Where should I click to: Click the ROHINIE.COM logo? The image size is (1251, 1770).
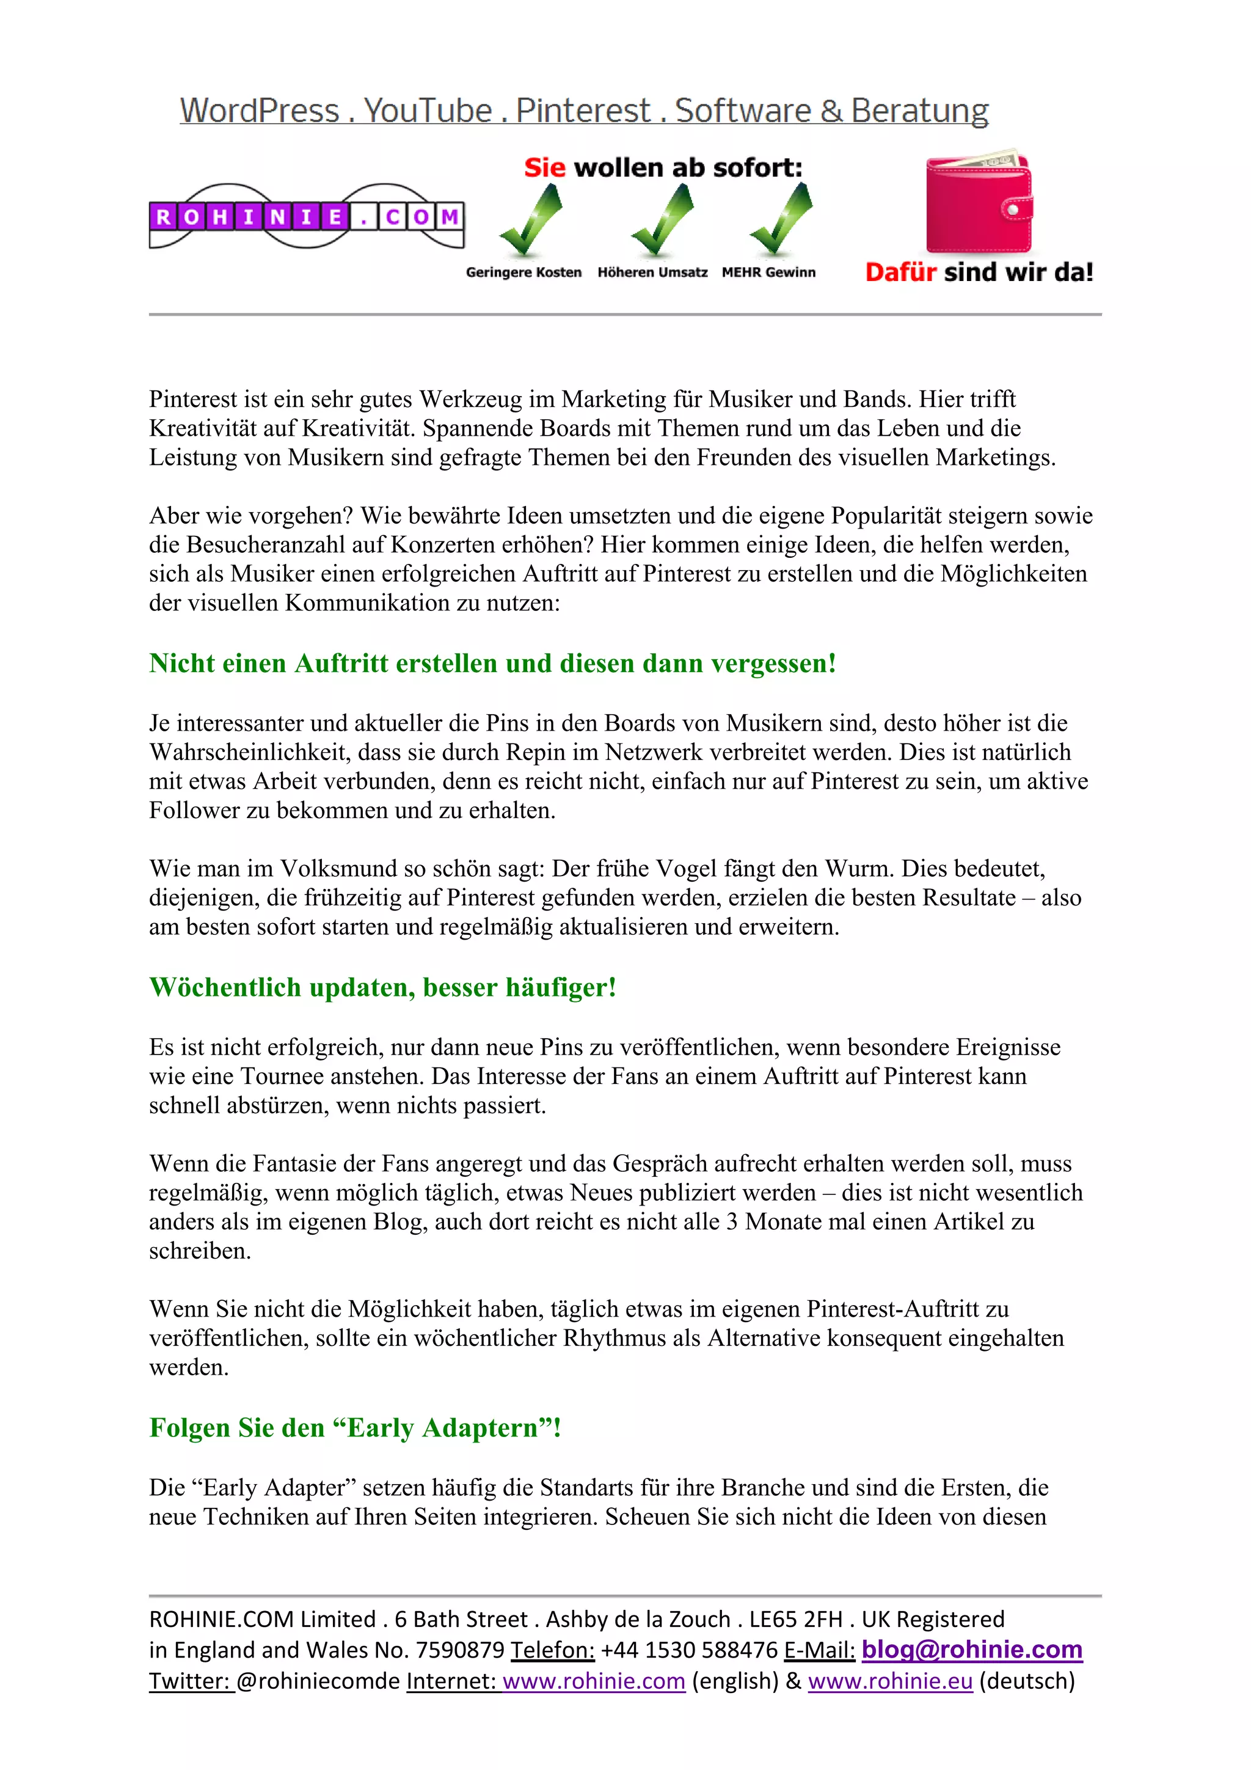[306, 217]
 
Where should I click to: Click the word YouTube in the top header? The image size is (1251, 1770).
[428, 111]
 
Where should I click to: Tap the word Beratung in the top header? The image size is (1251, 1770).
[919, 111]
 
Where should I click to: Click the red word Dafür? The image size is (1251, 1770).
[900, 272]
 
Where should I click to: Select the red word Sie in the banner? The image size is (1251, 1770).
[544, 167]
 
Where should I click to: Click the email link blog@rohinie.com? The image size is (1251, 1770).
[971, 1649]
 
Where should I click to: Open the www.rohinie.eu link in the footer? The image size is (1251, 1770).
[890, 1681]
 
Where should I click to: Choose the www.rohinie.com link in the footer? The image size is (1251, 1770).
[594, 1681]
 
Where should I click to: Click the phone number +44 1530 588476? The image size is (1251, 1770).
[689, 1650]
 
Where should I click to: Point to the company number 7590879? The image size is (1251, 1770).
[460, 1650]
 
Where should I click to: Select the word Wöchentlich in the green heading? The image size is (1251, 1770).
[225, 987]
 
